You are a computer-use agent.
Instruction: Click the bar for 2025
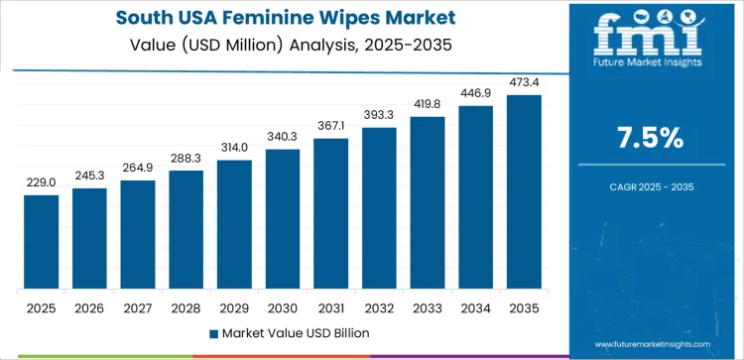(x=42, y=242)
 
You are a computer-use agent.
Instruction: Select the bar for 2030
(x=283, y=219)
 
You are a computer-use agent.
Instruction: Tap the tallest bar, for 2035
(x=524, y=192)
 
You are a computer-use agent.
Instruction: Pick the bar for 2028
(x=186, y=230)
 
